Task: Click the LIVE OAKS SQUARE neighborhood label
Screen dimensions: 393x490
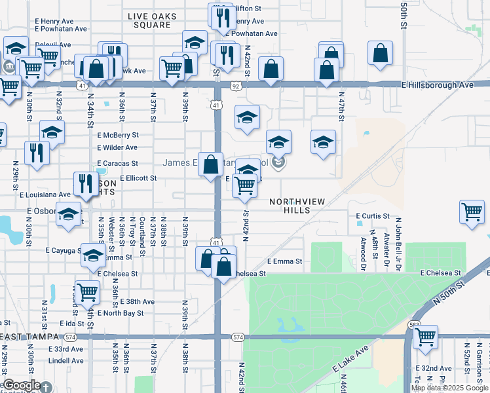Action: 149,20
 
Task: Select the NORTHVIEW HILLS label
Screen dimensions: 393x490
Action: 297,206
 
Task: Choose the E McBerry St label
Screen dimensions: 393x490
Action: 117,134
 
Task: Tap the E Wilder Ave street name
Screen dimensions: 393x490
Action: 117,148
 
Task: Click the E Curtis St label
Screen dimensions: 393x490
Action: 373,215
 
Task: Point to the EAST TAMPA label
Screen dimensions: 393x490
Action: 28,337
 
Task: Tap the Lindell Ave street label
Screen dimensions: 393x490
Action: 66,360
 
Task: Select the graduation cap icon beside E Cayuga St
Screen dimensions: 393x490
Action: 93,255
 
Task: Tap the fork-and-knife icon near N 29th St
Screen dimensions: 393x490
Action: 37,153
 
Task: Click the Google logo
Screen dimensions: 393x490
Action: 22,386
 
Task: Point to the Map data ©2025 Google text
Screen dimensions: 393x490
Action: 449,388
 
